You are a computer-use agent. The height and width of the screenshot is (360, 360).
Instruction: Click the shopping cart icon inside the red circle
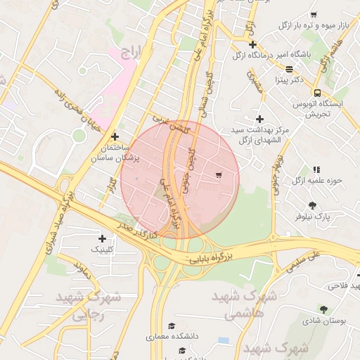click(219, 175)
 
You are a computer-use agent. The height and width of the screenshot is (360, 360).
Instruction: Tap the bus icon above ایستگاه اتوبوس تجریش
click(317, 92)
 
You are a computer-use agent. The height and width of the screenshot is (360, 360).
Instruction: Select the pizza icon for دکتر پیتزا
click(290, 70)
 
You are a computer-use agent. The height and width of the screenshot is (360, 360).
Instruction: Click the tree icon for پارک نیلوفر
click(313, 205)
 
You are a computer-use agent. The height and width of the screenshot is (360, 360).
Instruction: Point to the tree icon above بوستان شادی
click(323, 309)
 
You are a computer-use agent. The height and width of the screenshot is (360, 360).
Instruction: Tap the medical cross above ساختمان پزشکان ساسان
click(115, 136)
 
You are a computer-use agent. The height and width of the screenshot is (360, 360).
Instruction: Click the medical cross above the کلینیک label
click(102, 238)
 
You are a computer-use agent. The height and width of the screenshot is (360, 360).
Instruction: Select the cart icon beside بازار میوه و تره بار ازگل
click(314, 15)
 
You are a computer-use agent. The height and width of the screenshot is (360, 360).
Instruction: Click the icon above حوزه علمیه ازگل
click(316, 169)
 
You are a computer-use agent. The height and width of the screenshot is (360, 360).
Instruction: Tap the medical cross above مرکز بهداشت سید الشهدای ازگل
click(259, 120)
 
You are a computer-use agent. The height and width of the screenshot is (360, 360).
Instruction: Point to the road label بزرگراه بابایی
click(209, 258)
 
